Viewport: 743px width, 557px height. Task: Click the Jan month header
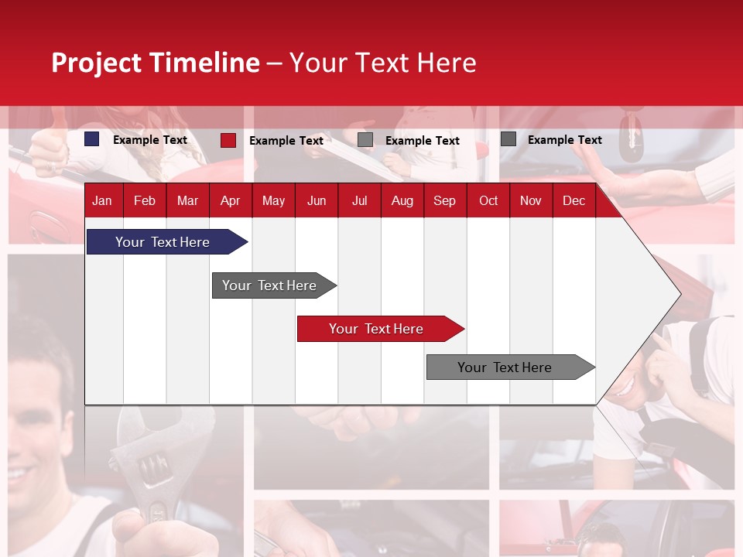[102, 200]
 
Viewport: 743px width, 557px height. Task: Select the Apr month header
[230, 200]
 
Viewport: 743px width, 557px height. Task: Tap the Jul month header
[359, 200]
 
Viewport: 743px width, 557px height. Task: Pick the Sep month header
[444, 200]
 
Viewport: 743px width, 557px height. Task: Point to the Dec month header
[574, 200]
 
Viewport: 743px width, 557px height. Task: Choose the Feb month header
[145, 200]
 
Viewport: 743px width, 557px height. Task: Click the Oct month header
[488, 200]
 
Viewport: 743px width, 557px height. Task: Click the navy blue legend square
[92, 139]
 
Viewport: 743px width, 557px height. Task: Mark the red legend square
[228, 140]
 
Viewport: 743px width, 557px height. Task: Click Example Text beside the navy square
[150, 140]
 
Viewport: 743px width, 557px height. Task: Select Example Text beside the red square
[286, 141]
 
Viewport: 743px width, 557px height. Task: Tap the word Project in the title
[97, 63]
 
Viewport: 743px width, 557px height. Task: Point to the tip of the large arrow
[679, 294]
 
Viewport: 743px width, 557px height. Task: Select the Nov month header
[531, 200]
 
